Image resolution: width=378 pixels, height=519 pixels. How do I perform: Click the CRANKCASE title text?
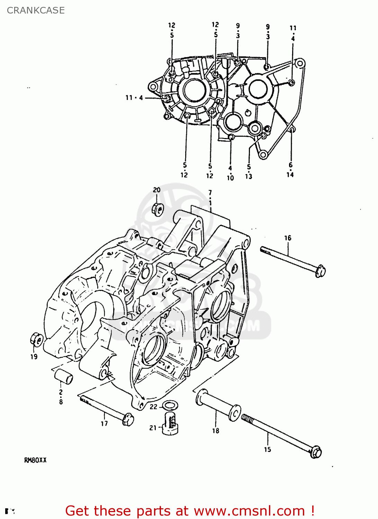point(36,10)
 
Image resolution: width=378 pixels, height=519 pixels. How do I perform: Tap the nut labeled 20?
point(158,209)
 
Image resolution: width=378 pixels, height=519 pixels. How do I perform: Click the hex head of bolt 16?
point(320,271)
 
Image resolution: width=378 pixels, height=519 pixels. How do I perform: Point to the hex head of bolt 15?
point(316,452)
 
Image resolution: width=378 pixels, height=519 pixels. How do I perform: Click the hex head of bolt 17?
point(128,419)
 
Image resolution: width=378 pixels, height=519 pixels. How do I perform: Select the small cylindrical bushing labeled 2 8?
point(63,376)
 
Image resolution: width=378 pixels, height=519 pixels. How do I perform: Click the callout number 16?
point(288,238)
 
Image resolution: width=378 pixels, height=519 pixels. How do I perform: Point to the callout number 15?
point(267,449)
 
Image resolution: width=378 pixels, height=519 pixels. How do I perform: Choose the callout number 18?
point(216,431)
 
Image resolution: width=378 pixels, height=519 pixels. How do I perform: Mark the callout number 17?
point(104,424)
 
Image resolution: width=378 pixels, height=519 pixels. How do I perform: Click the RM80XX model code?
point(35,460)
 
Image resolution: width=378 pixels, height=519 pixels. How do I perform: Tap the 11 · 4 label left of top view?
point(134,98)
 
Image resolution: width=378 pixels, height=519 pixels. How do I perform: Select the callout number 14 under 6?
point(290,175)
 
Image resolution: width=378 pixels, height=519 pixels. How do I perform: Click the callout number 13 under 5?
point(249,176)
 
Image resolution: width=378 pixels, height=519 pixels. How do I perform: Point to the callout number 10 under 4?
point(230,178)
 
